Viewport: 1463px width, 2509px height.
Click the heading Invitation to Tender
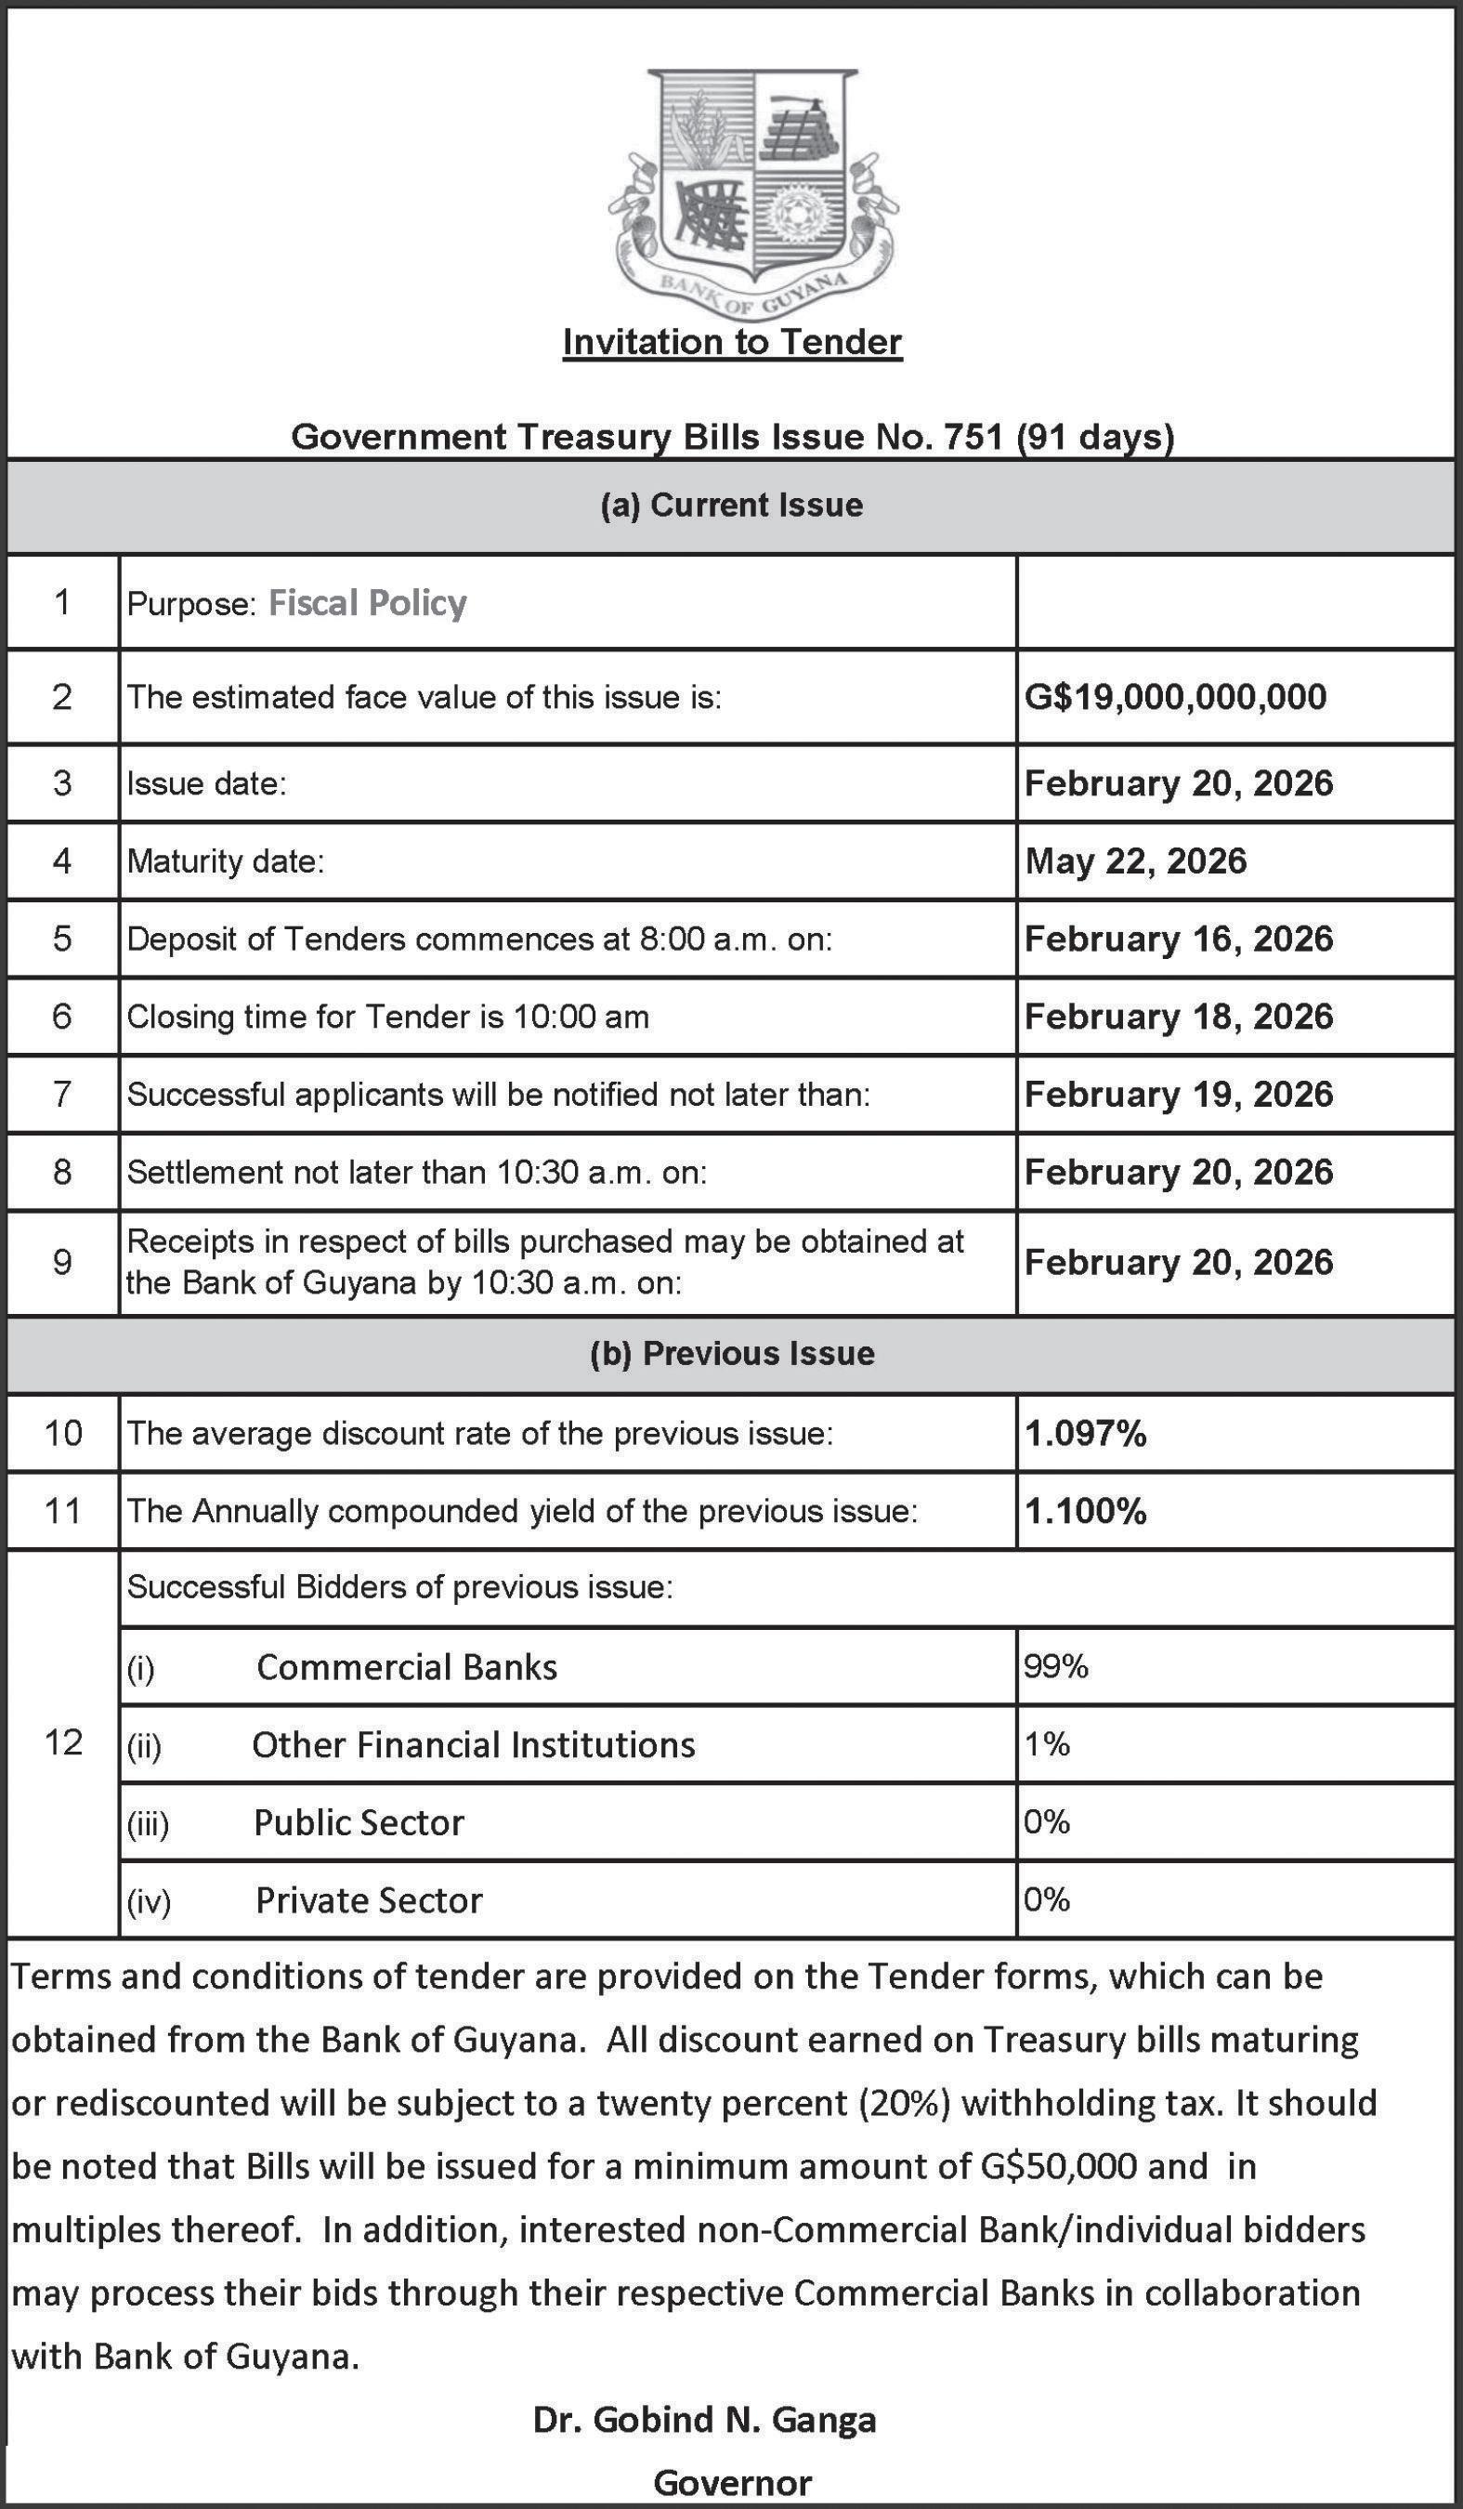[732, 342]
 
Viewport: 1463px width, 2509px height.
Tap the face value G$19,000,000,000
[1174, 696]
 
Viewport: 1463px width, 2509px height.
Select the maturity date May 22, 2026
[1134, 860]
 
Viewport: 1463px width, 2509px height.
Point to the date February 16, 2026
[1178, 938]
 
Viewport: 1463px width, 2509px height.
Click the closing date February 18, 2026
[1178, 1016]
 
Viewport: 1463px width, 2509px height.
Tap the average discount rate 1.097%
[1085, 1433]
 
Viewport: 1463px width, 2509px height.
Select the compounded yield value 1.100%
[1085, 1510]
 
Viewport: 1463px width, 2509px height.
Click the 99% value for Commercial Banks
[1055, 1665]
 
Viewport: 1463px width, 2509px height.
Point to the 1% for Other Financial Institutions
[1046, 1743]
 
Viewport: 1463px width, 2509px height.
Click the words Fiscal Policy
[367, 602]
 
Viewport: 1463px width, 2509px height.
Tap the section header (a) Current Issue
[732, 505]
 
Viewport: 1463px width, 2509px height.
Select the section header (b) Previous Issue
[732, 1353]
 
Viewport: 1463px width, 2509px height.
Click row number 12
[63, 1741]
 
